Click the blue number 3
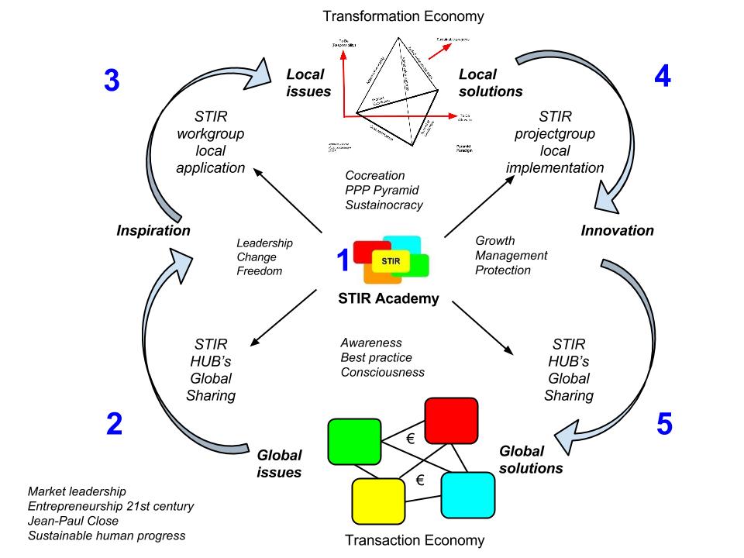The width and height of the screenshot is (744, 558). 112,81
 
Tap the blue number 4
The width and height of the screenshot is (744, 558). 663,74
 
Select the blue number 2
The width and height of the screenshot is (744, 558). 114,423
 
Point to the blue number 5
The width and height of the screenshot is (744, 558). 664,424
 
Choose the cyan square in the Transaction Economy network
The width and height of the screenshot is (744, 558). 468,494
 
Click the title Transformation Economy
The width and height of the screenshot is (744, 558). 403,15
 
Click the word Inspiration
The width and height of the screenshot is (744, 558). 153,230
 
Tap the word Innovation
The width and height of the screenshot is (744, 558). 617,230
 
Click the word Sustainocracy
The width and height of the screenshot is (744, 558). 386,205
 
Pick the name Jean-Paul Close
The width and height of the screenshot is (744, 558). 74,521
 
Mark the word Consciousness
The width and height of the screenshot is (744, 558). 383,372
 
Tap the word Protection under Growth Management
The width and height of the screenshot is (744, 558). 503,270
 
